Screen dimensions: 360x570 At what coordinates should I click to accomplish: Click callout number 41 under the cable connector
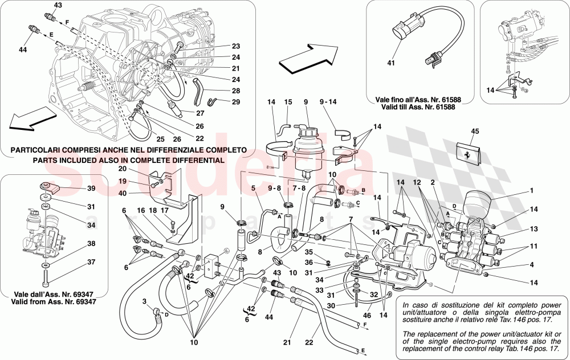pos(391,63)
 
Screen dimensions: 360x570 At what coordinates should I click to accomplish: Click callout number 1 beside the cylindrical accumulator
pos(532,191)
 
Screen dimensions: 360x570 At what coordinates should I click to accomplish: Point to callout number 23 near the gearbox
pos(237,46)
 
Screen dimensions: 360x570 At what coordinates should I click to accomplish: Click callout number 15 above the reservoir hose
pos(288,103)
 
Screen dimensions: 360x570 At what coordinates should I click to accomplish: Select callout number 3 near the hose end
pos(144,301)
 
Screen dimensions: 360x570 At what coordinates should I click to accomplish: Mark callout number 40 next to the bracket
pos(123,193)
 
